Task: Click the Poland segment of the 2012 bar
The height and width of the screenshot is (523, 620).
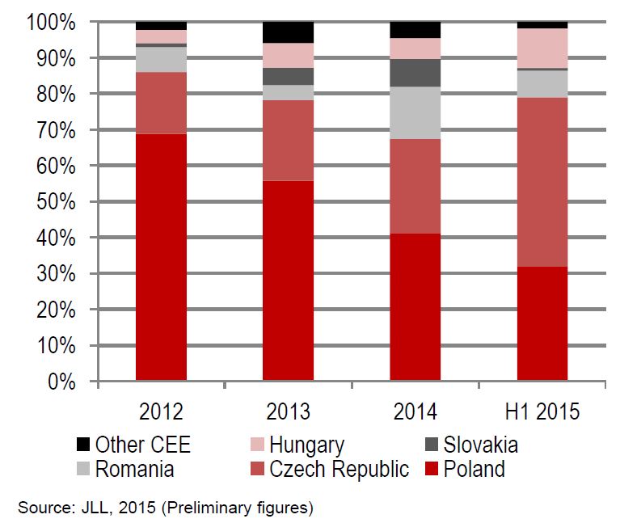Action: point(161,257)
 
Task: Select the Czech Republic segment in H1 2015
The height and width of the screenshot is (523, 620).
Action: point(542,182)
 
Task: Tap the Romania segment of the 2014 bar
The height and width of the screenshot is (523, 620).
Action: point(415,112)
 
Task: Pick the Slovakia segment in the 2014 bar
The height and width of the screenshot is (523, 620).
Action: point(415,73)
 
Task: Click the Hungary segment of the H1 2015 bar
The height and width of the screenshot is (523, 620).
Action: point(542,49)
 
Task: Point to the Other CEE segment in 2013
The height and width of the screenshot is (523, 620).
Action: point(288,32)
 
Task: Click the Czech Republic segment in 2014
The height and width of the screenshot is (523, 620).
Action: point(415,186)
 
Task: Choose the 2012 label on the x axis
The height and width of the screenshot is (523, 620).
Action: point(161,411)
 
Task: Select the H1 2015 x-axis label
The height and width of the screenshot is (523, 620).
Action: point(542,411)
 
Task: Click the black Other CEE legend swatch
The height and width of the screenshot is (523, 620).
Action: point(83,445)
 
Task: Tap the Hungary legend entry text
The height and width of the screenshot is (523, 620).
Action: point(306,445)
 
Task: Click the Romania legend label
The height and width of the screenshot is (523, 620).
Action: point(134,469)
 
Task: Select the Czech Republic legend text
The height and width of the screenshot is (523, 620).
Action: point(340,469)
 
